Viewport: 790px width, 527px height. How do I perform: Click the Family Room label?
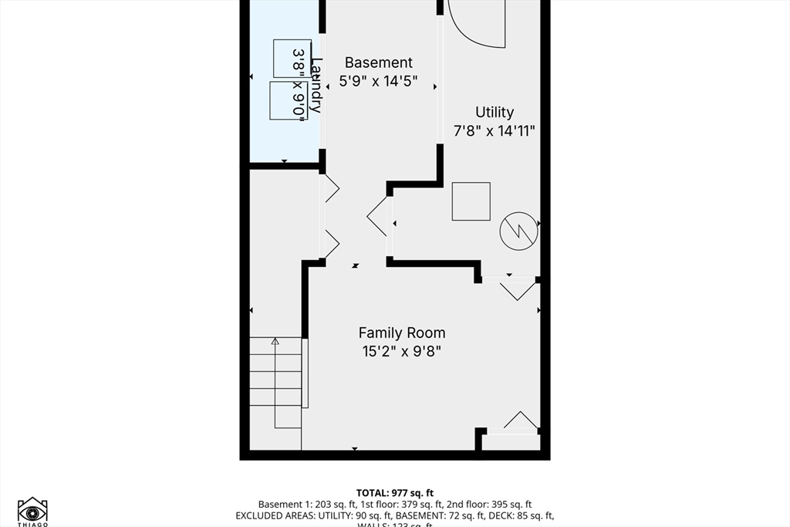tap(401, 333)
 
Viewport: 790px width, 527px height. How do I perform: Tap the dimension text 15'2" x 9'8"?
tap(401, 352)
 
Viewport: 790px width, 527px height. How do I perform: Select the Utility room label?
tap(494, 113)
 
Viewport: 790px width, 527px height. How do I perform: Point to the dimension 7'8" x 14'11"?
tap(494, 130)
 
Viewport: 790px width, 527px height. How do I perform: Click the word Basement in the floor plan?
tap(378, 62)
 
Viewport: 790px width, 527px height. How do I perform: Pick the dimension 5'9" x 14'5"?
tap(378, 80)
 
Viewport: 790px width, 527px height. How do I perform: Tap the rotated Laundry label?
tap(316, 85)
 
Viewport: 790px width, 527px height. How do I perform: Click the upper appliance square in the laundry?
tap(292, 58)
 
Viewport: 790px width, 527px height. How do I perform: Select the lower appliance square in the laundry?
tap(288, 100)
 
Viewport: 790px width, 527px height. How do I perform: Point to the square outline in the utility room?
tap(471, 201)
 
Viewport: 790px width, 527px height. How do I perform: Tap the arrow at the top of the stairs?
tap(275, 342)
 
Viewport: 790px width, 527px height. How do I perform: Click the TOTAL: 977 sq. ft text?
tap(394, 492)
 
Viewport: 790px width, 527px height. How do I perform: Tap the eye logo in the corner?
tap(32, 511)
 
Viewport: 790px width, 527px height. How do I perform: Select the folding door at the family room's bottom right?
tap(520, 421)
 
